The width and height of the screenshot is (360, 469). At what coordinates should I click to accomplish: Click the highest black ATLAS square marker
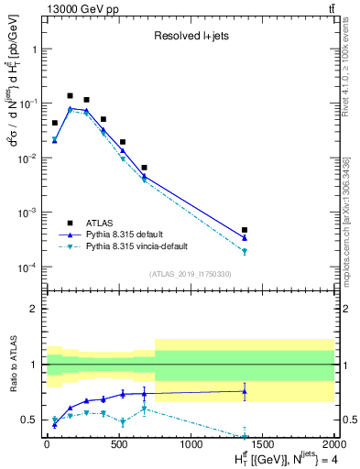click(x=71, y=95)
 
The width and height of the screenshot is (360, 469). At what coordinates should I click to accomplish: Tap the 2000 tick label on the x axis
click(x=333, y=444)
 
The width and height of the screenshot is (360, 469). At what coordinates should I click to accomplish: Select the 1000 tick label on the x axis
click(x=191, y=444)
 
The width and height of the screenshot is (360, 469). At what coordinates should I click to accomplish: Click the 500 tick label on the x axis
click(x=118, y=444)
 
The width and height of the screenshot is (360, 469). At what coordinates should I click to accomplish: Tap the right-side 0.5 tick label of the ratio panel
click(x=349, y=420)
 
